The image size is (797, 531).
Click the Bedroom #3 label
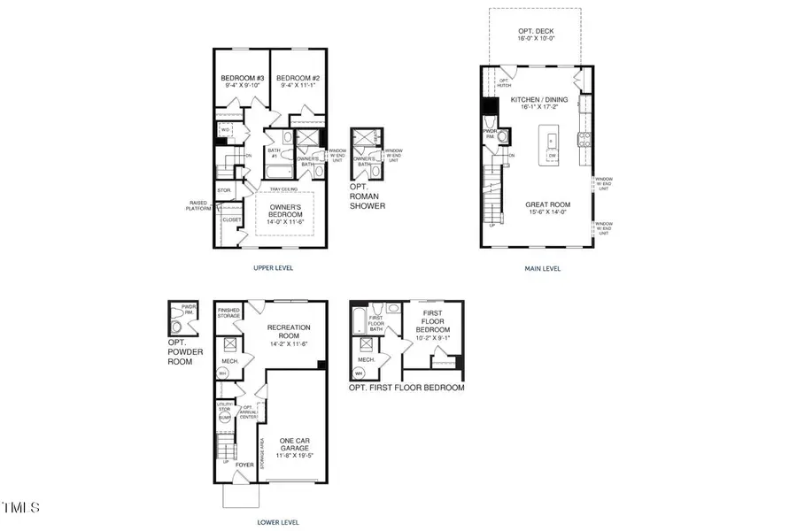click(237, 78)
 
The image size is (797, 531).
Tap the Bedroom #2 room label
click(292, 78)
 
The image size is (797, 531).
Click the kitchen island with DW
click(552, 146)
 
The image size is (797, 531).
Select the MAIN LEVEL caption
click(542, 268)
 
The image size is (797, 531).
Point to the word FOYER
click(243, 464)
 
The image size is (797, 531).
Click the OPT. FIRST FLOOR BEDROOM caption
click(406, 388)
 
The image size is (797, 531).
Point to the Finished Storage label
click(229, 312)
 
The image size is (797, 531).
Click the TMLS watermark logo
click(20, 507)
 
